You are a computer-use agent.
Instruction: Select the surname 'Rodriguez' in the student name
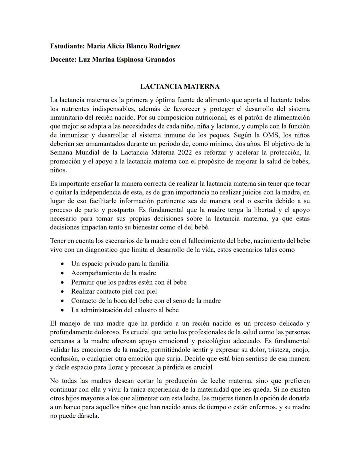[x=164, y=46]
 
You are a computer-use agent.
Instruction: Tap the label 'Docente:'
[x=63, y=59]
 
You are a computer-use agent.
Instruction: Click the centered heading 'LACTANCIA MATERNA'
[x=180, y=86]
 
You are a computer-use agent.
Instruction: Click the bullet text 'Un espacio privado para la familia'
[x=120, y=264]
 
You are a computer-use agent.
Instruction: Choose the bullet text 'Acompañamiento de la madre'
[x=113, y=273]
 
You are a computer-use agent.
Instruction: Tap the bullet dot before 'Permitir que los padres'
[x=62, y=282]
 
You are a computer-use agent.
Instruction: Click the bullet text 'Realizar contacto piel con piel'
[x=114, y=291]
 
